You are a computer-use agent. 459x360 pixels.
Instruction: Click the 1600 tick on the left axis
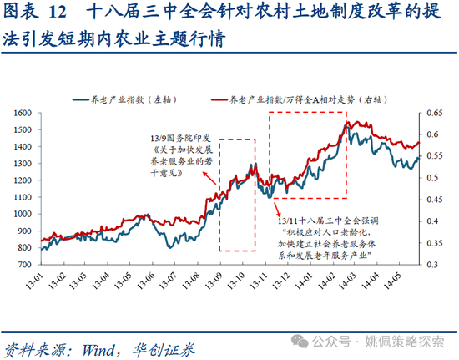[18, 112]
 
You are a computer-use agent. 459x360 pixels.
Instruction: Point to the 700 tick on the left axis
[21, 263]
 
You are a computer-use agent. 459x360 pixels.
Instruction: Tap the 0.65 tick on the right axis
[435, 112]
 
